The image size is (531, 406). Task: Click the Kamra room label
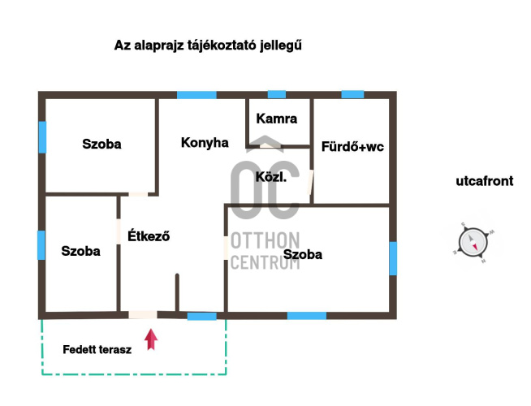point(277,119)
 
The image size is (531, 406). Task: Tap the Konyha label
point(205,143)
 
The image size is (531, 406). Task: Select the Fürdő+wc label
point(352,147)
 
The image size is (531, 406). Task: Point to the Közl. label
point(271,177)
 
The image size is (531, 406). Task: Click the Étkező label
point(149,235)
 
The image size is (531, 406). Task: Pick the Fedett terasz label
point(97,349)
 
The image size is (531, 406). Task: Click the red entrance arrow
point(151,339)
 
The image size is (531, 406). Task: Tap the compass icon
point(473,243)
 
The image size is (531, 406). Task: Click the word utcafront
point(485,181)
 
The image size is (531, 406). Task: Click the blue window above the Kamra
point(277,94)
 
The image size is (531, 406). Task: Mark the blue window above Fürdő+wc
point(352,94)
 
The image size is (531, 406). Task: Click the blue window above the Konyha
point(196,95)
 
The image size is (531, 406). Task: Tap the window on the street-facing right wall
point(393,258)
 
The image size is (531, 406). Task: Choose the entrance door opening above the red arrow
point(143,315)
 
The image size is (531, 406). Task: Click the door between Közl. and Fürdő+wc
point(310,182)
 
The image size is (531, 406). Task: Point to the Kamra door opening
point(267,146)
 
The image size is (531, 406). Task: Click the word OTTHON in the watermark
point(265,240)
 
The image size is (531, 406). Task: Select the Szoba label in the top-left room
point(101,144)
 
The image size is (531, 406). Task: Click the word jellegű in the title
point(281,45)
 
